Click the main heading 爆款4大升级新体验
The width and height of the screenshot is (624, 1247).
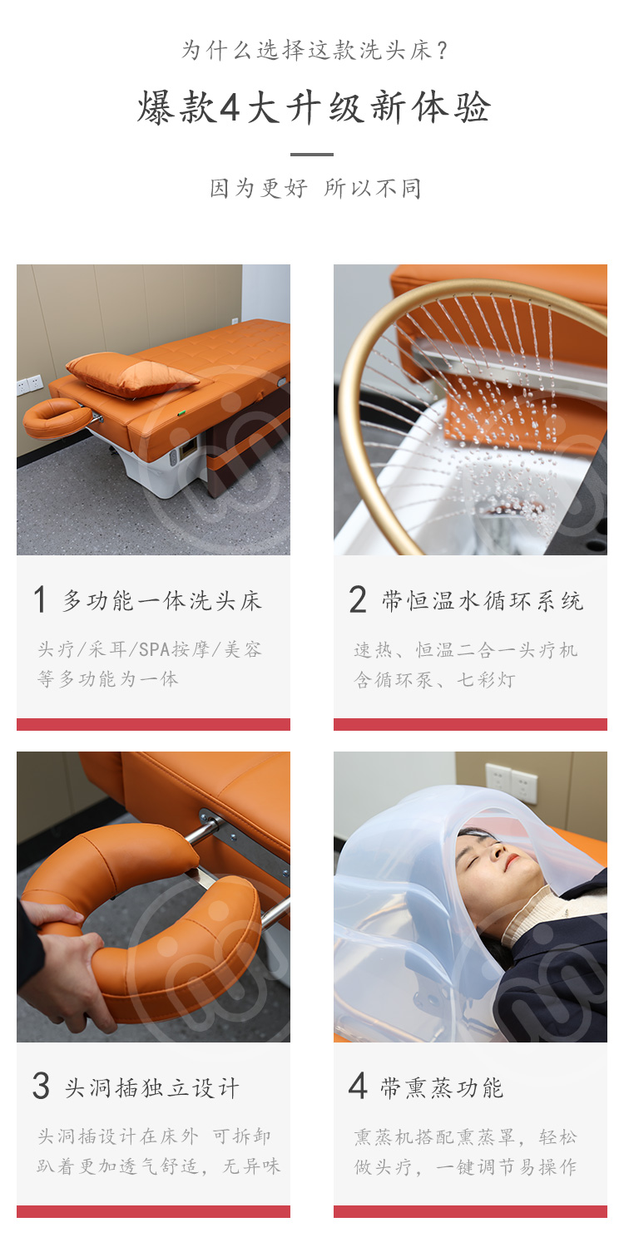point(314,107)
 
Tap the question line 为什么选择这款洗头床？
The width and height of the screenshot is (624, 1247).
point(314,51)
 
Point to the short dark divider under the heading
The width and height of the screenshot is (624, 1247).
point(312,154)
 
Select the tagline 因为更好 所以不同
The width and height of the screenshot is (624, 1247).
point(315,188)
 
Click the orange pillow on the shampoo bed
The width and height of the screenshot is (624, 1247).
point(132,375)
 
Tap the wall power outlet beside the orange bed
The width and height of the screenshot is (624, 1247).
point(30,384)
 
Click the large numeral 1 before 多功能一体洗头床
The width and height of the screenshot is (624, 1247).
point(40,600)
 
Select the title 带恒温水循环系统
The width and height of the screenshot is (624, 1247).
point(483,601)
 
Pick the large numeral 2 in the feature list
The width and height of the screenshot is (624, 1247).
point(358,599)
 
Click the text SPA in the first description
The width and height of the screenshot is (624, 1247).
point(154,649)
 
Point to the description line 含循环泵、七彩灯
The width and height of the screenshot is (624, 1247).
point(434,680)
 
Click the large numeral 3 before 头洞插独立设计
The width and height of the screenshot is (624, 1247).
point(42,1086)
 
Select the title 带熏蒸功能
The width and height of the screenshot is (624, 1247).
point(443,1087)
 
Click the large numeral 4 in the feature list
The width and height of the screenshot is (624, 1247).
point(358,1086)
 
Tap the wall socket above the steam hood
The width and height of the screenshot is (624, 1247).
point(512,783)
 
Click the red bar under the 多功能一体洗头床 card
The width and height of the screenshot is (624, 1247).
point(153,724)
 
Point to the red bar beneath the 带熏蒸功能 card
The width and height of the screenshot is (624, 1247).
point(470,1211)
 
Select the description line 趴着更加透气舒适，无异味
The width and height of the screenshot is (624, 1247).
point(159,1166)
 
